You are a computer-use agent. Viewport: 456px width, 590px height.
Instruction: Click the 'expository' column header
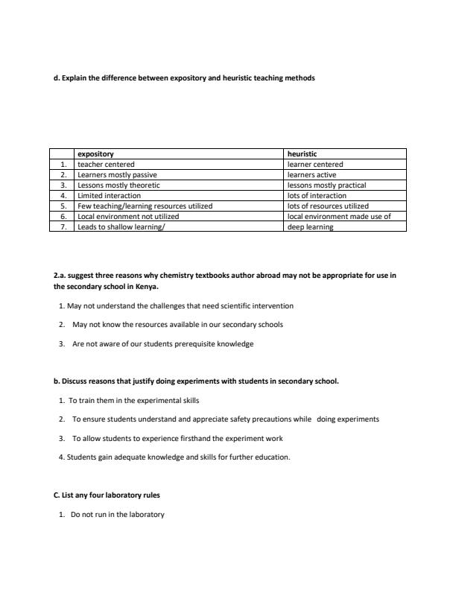(x=95, y=154)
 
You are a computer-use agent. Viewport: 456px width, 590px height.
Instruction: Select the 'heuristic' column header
(x=303, y=154)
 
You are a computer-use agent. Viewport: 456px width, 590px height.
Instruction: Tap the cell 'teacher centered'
(x=106, y=165)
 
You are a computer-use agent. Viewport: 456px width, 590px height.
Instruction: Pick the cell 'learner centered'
(x=315, y=165)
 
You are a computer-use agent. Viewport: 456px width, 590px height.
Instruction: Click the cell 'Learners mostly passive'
(x=117, y=175)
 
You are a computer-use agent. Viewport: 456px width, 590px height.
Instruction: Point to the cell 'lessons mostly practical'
(x=326, y=185)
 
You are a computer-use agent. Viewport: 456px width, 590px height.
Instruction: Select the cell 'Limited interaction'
(x=109, y=196)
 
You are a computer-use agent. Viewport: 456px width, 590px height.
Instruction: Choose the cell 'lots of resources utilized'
(x=328, y=206)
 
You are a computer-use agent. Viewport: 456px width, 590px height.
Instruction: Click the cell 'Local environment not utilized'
(x=128, y=217)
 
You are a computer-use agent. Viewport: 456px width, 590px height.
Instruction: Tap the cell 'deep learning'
(x=311, y=227)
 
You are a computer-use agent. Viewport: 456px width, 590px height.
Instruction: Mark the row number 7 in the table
(x=64, y=227)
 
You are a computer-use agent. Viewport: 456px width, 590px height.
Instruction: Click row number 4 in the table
(x=64, y=196)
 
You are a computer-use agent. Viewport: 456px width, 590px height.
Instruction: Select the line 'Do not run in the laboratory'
(x=117, y=515)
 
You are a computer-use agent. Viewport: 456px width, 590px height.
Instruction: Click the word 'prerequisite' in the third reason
(x=189, y=344)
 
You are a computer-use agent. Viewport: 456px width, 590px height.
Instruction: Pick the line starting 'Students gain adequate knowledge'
(x=174, y=457)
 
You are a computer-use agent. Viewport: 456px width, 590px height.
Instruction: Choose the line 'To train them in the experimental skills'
(x=133, y=400)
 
